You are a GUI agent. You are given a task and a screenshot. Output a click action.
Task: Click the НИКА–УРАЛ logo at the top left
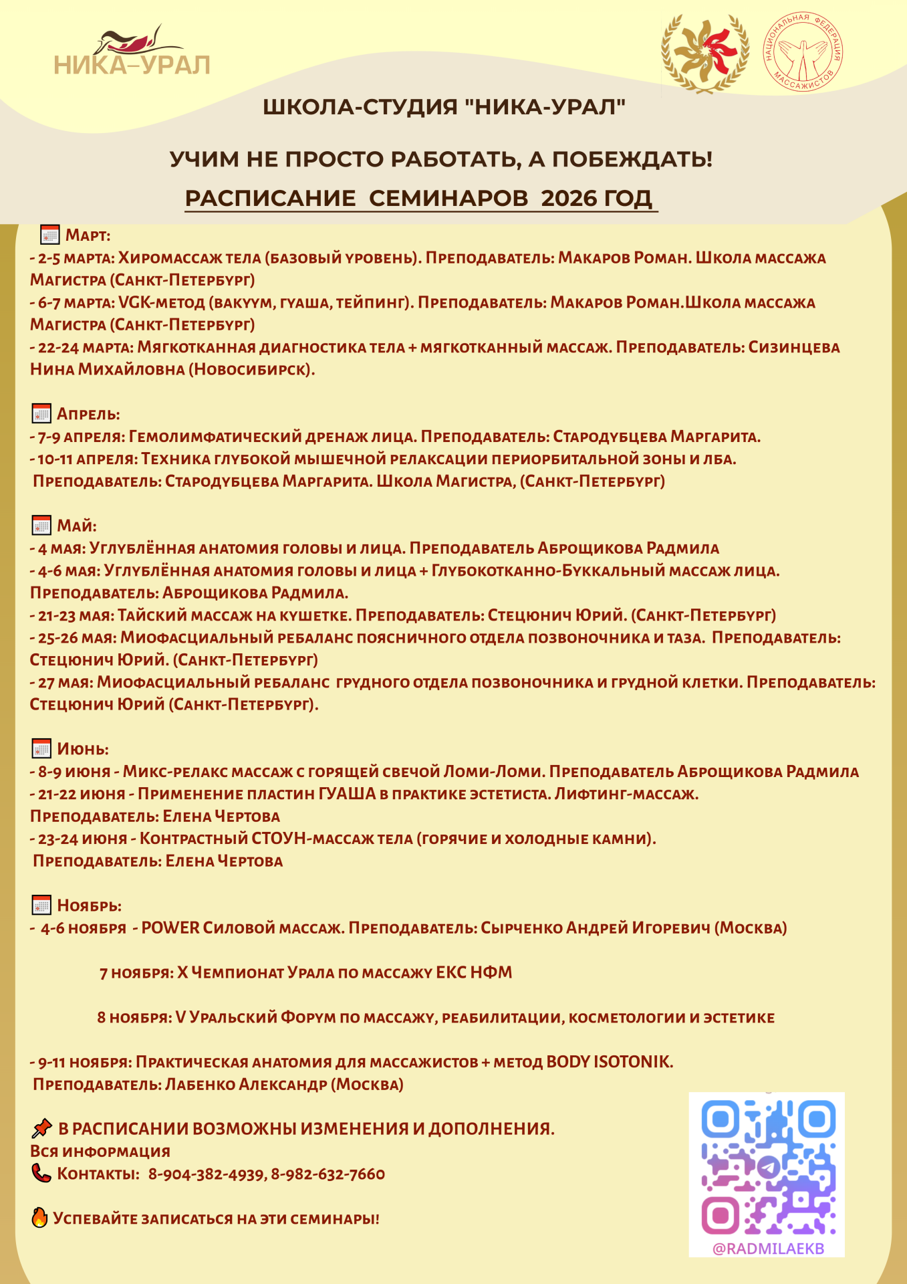132,52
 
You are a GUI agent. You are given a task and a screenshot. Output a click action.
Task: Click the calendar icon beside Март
50,235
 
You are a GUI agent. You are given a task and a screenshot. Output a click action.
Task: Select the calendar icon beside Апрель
41,414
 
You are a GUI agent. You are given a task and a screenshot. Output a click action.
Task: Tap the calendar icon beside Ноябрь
41,905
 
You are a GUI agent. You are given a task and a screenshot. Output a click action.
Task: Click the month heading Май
76,526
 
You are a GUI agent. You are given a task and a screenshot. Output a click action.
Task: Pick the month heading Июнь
82,749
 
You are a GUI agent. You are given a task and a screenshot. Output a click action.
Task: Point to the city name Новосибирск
250,369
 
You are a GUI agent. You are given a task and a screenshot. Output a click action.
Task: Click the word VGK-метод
161,302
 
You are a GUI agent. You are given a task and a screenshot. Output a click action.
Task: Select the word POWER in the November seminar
170,928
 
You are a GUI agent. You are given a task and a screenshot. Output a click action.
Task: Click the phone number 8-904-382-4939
206,1174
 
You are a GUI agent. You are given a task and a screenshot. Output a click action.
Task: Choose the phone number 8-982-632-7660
328,1174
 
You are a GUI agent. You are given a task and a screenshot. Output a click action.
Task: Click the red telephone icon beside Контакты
41,1173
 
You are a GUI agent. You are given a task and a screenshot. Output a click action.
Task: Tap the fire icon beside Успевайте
39,1218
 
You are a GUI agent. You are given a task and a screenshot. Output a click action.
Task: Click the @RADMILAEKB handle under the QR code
767,1249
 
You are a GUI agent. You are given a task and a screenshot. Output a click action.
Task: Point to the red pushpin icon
41,1129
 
